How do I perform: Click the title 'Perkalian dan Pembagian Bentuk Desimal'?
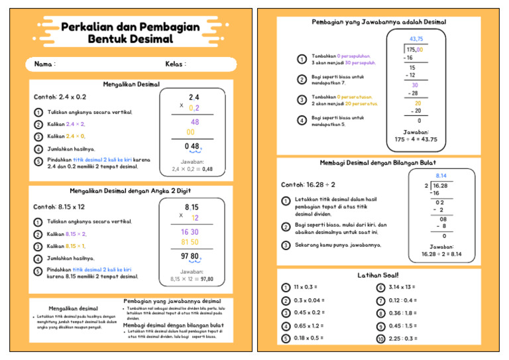(x=130, y=33)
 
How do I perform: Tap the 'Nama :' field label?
(x=44, y=64)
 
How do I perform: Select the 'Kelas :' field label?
(x=176, y=64)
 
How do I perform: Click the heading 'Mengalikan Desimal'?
(x=131, y=84)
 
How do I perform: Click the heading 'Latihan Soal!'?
(x=378, y=275)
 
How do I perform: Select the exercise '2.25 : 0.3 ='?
(x=403, y=338)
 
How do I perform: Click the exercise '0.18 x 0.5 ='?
(x=308, y=338)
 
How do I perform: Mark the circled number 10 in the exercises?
(x=380, y=339)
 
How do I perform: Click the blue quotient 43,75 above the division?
(x=416, y=39)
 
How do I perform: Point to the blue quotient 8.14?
(x=441, y=176)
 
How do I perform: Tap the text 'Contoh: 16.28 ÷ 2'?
(x=308, y=184)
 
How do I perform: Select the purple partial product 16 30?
(x=190, y=232)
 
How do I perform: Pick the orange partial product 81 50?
(x=190, y=243)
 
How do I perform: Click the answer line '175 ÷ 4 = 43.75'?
(x=416, y=139)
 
